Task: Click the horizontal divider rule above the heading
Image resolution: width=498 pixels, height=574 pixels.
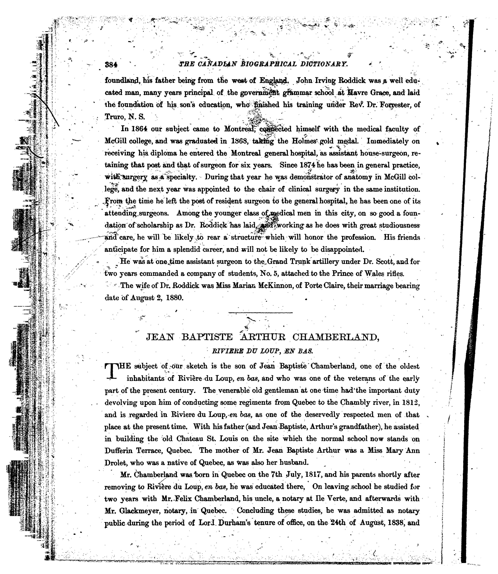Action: pos(260,313)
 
